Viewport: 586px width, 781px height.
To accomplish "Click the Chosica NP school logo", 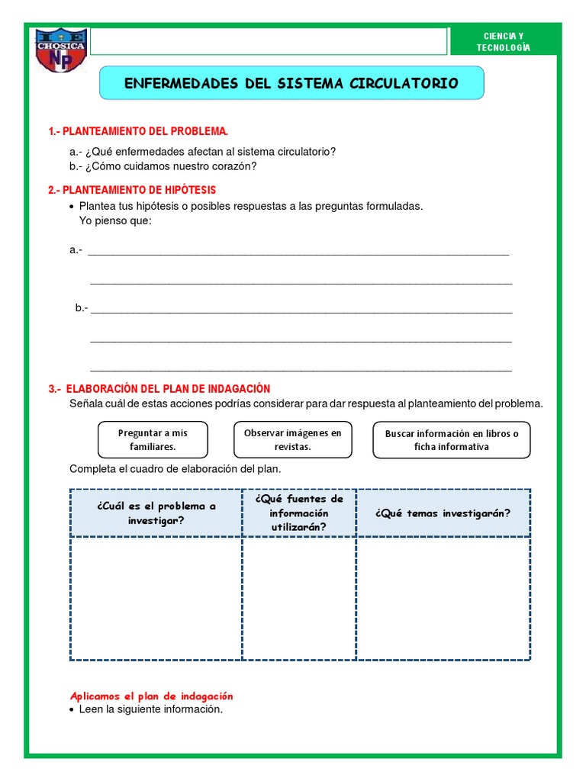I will tap(61, 51).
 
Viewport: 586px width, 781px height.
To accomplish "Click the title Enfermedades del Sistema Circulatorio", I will tap(291, 83).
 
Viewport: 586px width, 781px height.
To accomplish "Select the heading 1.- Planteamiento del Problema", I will tap(138, 132).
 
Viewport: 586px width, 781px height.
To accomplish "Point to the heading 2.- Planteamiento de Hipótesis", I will tap(132, 189).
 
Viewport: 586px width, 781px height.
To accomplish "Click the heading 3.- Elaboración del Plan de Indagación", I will tap(159, 388).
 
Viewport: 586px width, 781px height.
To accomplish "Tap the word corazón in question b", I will tap(235, 166).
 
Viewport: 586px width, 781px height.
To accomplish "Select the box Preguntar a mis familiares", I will tap(153, 439).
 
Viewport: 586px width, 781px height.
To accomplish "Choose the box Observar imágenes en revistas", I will tap(293, 439).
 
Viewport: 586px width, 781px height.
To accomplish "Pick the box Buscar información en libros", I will tap(452, 440).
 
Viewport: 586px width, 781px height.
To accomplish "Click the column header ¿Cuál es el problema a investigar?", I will tap(156, 513).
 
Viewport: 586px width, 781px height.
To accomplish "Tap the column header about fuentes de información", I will tap(299, 513).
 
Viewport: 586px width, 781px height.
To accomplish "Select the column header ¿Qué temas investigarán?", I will tap(443, 513).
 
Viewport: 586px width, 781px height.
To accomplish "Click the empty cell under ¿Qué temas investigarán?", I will tap(443, 598).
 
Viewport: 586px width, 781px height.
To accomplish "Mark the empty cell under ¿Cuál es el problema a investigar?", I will tap(156, 598).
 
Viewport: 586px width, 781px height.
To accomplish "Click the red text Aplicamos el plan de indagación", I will tap(151, 696).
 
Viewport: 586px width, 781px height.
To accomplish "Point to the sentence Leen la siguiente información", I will tap(150, 709).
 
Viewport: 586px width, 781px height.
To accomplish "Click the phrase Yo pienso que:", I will tap(115, 220).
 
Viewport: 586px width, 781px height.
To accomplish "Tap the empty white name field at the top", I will tap(268, 42).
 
